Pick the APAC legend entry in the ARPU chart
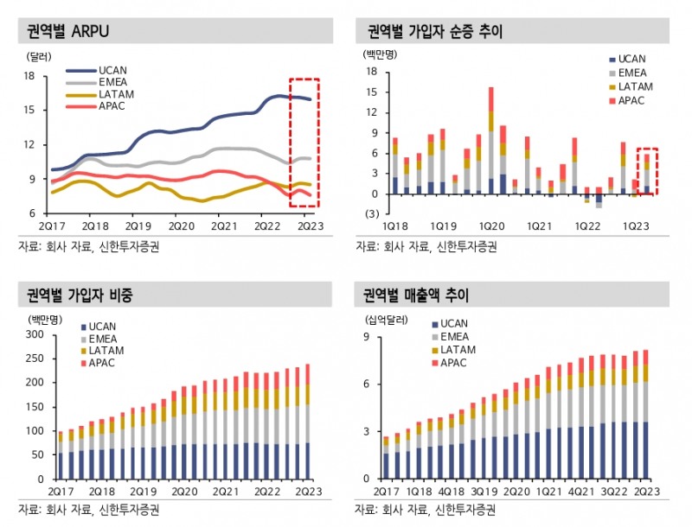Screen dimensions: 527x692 pyautogui.click(x=114, y=106)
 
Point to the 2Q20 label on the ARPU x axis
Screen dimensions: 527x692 pyautogui.click(x=182, y=225)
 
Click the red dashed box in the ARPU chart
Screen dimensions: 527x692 pyautogui.click(x=304, y=143)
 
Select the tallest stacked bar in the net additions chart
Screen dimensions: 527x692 pyautogui.click(x=491, y=139)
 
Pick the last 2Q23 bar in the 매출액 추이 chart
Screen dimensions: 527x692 pyautogui.click(x=645, y=414)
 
